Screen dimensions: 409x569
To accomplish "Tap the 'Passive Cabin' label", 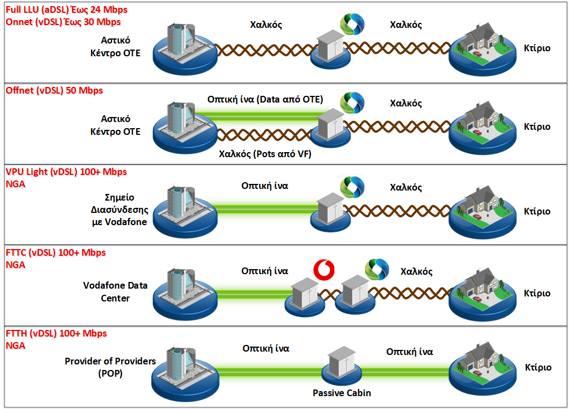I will tap(342, 393).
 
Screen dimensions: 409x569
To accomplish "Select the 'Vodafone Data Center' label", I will tap(115, 291).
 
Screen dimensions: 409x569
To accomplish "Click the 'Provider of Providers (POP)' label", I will tap(110, 367).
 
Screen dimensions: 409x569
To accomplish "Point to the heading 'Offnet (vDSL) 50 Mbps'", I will tap(54, 90).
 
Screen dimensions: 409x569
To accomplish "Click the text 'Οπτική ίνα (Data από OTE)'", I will tap(265, 99).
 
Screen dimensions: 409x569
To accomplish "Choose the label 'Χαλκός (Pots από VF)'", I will tap(265, 154).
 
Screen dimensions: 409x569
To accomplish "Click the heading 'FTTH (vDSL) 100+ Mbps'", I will tap(56, 334).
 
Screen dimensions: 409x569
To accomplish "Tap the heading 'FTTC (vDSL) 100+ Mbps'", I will tap(55, 252).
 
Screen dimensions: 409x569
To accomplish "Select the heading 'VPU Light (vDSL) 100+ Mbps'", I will tap(66, 172).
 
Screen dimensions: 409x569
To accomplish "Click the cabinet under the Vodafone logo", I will tap(304, 292).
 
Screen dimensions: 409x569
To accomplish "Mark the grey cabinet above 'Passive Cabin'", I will tap(341, 363).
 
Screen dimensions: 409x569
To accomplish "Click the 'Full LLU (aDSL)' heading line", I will tap(66, 10).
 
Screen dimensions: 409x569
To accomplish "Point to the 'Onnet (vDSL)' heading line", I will tap(62, 22).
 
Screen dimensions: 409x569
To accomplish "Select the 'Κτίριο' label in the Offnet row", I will tap(537, 126).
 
